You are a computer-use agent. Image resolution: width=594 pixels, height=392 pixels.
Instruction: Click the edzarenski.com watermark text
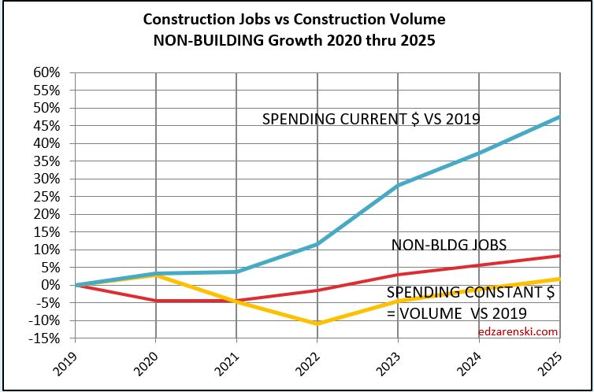pyautogui.click(x=518, y=331)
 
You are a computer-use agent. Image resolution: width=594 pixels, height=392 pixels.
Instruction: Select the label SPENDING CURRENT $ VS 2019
pyautogui.click(x=371, y=120)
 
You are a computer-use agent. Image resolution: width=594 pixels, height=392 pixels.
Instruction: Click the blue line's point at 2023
pyautogui.click(x=399, y=185)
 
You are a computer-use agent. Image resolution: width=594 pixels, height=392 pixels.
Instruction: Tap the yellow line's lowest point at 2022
pyautogui.click(x=317, y=324)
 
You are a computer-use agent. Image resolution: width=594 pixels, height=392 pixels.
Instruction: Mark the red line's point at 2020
pyautogui.click(x=156, y=301)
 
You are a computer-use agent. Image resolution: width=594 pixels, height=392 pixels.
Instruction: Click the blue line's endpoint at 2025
pyautogui.click(x=559, y=116)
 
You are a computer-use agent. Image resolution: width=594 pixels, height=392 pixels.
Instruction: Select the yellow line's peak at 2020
pyautogui.click(x=156, y=275)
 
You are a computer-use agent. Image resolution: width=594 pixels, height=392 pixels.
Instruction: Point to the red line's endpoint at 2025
pyautogui.click(x=559, y=256)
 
